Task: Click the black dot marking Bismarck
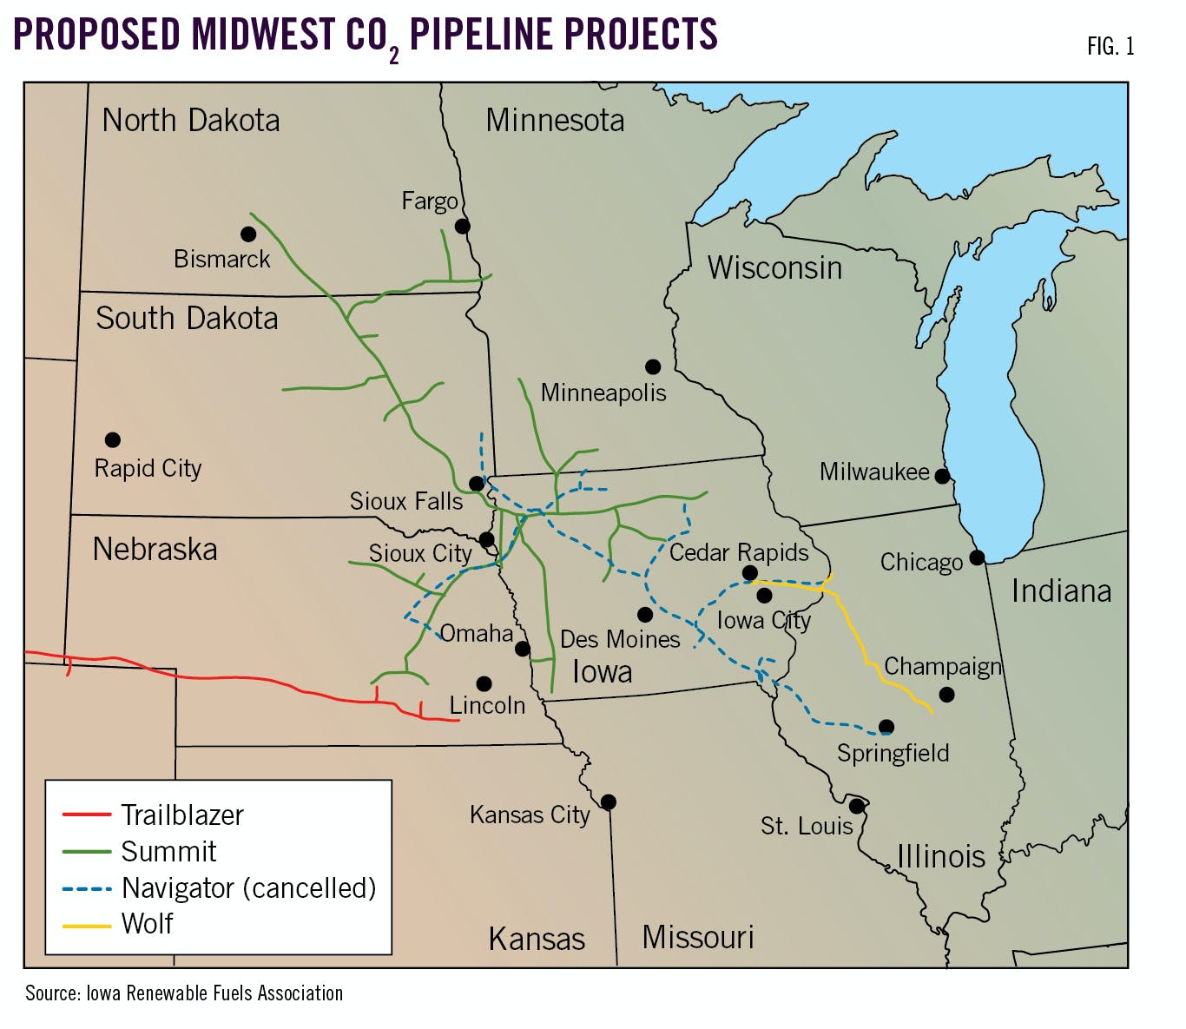(248, 234)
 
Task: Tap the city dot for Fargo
(463, 227)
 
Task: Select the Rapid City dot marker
(113, 440)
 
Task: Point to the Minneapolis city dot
(653, 367)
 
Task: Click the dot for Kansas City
(609, 801)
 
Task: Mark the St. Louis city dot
(856, 806)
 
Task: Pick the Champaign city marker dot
(947, 695)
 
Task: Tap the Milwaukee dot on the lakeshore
(942, 476)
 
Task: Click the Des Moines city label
(620, 640)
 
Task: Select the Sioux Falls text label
(406, 501)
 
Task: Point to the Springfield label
(893, 753)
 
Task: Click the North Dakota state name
(191, 120)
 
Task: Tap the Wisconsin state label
(774, 267)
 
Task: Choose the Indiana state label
(1061, 591)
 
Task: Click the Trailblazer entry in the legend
(182, 815)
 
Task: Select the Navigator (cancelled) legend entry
(249, 887)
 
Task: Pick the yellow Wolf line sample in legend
(87, 926)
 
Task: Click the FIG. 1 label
(1110, 46)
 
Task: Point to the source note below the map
(184, 993)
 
